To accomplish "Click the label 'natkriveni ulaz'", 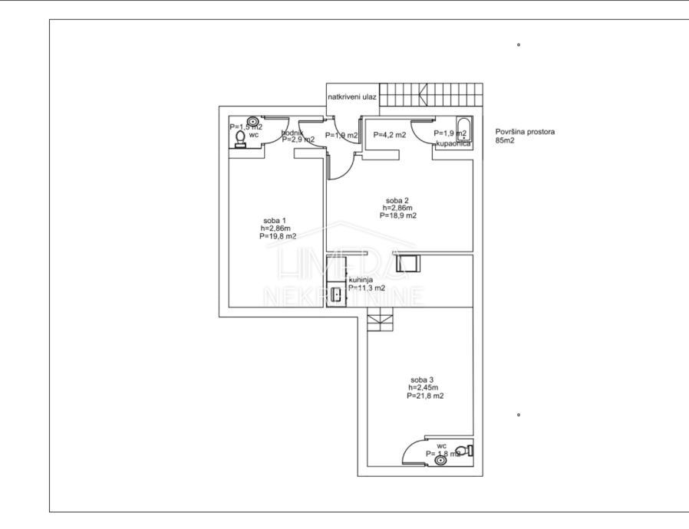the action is pyautogui.click(x=352, y=97).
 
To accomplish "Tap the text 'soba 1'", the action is pyautogui.click(x=274, y=221).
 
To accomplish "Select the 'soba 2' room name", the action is pyautogui.click(x=397, y=200).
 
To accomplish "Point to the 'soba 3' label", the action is pyautogui.click(x=422, y=379).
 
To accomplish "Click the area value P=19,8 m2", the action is pyautogui.click(x=278, y=237).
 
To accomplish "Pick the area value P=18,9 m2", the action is pyautogui.click(x=397, y=216).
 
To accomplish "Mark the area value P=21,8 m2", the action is pyautogui.click(x=425, y=396).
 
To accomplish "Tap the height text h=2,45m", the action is pyautogui.click(x=423, y=387).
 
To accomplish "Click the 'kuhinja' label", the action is pyautogui.click(x=361, y=281).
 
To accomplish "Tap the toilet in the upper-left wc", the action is pyautogui.click(x=240, y=139).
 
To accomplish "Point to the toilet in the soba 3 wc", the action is pyautogui.click(x=463, y=450).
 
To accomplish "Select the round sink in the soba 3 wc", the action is pyautogui.click(x=440, y=460).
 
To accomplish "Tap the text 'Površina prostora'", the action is pyautogui.click(x=525, y=132).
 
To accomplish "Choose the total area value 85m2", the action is pyautogui.click(x=505, y=140).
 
